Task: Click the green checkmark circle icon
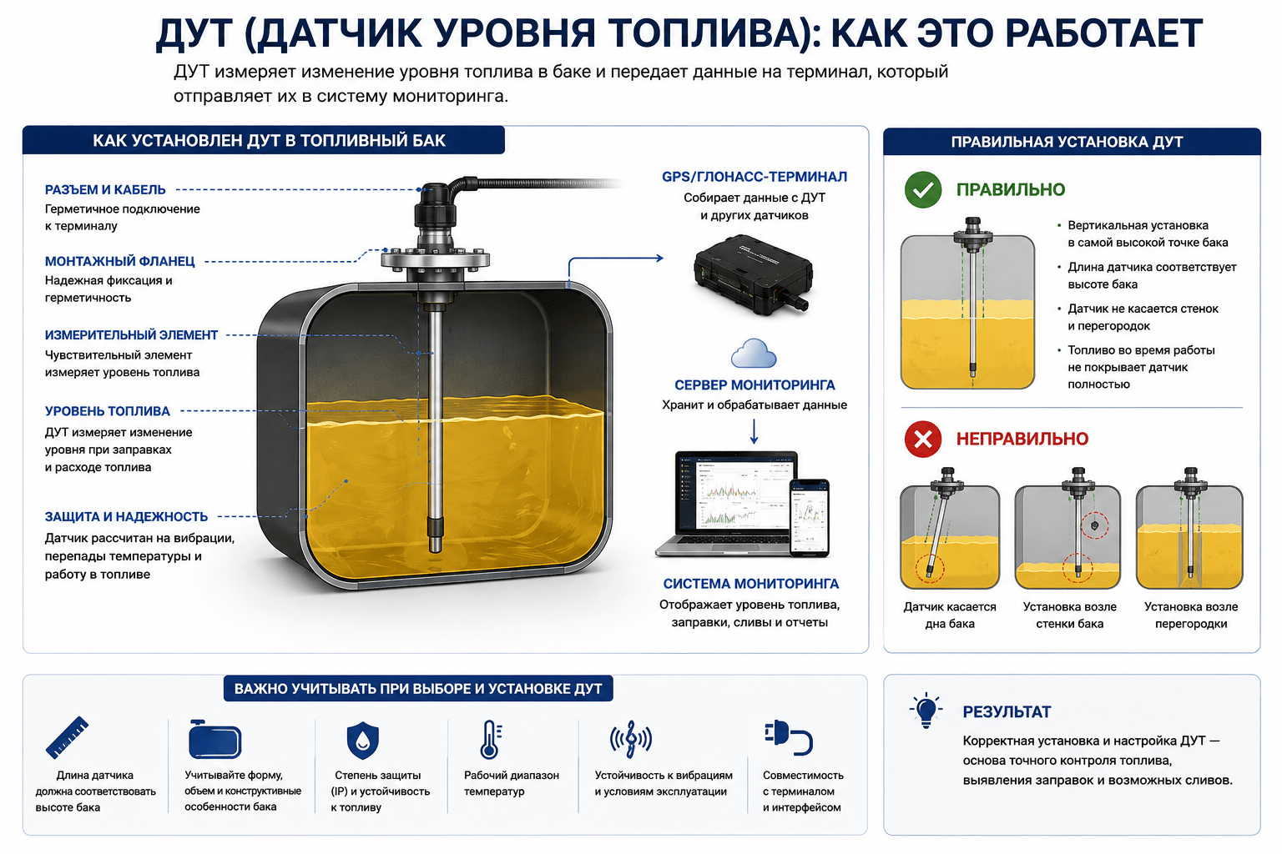pyautogui.click(x=922, y=189)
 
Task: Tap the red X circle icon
pyautogui.click(x=922, y=440)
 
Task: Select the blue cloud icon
pyautogui.click(x=754, y=353)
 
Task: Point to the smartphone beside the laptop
pyautogui.click(x=810, y=518)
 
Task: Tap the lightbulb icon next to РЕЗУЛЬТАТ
pyautogui.click(x=926, y=710)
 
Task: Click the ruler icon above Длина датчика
pyautogui.click(x=68, y=737)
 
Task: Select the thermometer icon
pyautogui.click(x=491, y=739)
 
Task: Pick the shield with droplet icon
pyautogui.click(x=363, y=740)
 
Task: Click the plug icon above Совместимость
pyautogui.click(x=788, y=736)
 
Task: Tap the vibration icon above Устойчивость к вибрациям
pyautogui.click(x=631, y=739)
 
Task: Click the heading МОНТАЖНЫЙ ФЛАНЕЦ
pyautogui.click(x=119, y=261)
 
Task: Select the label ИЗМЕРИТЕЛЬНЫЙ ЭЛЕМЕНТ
pyautogui.click(x=131, y=334)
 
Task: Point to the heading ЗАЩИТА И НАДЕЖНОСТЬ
pyautogui.click(x=126, y=516)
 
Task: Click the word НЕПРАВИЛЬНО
pyautogui.click(x=1022, y=439)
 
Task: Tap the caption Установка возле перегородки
pyautogui.click(x=1191, y=615)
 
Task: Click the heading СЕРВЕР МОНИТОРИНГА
pyautogui.click(x=755, y=385)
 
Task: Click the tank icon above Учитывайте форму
pyautogui.click(x=215, y=739)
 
